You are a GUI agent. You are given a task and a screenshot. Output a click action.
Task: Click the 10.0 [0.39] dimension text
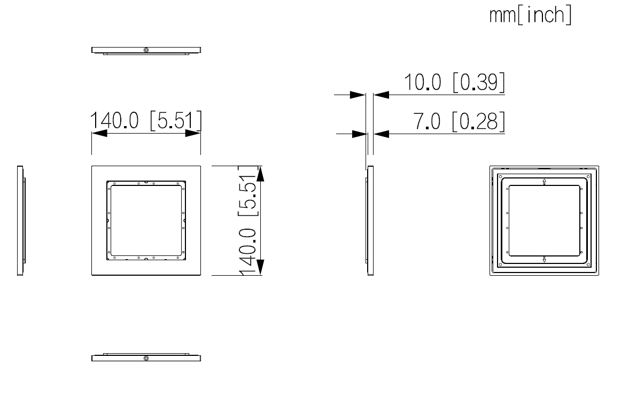point(453,83)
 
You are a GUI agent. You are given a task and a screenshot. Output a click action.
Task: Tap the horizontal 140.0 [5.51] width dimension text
point(146,121)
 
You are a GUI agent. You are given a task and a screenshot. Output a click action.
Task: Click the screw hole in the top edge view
point(146,50)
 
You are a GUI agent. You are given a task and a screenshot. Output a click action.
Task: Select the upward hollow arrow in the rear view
point(544,182)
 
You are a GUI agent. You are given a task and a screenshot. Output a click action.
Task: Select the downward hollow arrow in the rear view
point(544,259)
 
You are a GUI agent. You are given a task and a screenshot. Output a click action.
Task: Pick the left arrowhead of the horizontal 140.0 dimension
point(99,134)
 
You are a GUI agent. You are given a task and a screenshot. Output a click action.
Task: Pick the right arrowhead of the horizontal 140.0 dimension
point(192,134)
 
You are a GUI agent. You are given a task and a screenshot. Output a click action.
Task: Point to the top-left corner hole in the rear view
point(500,176)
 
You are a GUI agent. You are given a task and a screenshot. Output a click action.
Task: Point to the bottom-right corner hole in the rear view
point(588,265)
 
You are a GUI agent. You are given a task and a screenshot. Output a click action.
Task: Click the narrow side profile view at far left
point(20,221)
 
